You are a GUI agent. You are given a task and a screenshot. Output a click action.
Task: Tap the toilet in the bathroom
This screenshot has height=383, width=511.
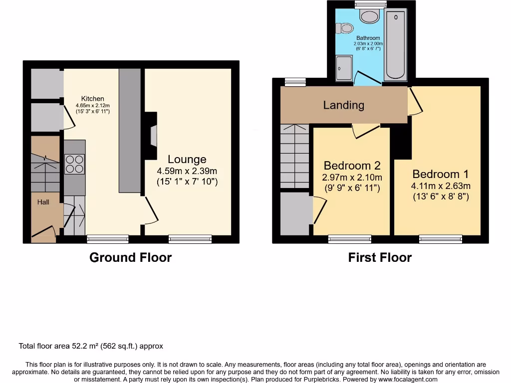tap(344, 28)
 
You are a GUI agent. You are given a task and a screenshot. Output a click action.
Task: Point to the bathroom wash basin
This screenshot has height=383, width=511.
tap(370, 17)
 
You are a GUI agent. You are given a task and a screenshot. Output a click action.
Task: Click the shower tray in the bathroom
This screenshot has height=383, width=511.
tap(344, 68)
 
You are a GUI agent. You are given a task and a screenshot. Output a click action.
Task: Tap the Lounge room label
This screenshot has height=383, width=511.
tap(187, 160)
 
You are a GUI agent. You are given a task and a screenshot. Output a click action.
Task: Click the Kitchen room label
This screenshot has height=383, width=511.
tap(93, 99)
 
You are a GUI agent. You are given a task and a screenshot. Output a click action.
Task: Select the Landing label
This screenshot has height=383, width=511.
tap(343, 105)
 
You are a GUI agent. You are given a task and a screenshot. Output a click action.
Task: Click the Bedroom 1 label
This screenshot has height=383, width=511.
tap(441, 174)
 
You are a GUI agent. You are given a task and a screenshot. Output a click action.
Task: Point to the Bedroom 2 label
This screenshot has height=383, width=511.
tap(352, 166)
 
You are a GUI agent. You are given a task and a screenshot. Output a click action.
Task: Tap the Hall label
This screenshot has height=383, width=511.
tap(43, 202)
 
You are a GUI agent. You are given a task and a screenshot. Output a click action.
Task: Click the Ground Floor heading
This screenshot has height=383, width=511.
tap(130, 257)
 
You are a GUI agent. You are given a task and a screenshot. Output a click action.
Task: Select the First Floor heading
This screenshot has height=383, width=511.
tap(380, 257)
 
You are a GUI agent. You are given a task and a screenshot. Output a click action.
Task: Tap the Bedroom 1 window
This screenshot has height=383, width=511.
tap(440, 239)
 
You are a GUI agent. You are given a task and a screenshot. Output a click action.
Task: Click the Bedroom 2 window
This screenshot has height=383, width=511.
tap(349, 239)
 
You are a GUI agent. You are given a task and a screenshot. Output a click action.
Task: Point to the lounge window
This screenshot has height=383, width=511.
tap(190, 239)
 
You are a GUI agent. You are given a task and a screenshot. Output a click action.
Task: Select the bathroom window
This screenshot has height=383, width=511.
tap(370, 4)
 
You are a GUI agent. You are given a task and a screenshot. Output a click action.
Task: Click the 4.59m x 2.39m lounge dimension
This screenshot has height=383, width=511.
tap(187, 171)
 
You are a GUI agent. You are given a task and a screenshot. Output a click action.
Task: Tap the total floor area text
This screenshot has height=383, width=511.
tap(91, 346)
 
